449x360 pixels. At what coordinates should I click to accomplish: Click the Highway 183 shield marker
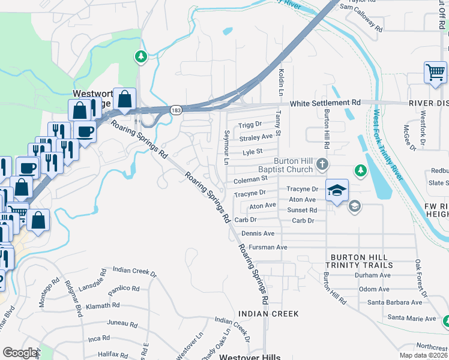coord(176,110)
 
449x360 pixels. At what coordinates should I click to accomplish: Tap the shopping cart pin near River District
coord(435,73)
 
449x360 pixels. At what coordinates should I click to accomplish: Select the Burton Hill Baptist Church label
coord(293,166)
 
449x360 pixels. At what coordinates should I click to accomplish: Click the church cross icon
coord(323,164)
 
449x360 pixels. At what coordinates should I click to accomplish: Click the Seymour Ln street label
coord(227,147)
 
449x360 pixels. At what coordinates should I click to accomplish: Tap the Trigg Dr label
coord(250,124)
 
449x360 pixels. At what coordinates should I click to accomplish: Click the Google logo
coord(20,353)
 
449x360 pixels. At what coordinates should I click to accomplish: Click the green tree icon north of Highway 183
coord(141,57)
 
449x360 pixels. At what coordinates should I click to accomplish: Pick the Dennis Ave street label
coord(258,233)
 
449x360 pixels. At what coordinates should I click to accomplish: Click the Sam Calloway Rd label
coord(361,17)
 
